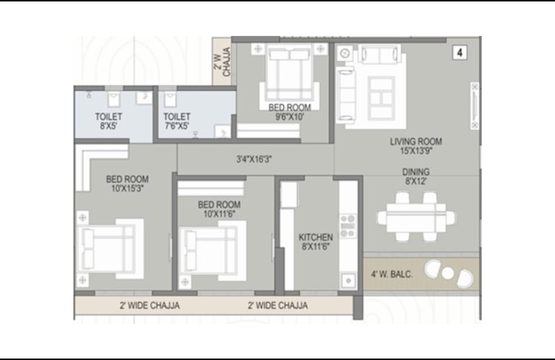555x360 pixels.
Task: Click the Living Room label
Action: point(416,146)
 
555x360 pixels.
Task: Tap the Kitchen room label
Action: point(315,241)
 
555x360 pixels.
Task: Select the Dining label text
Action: point(416,176)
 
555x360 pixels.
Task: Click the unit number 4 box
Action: point(460,53)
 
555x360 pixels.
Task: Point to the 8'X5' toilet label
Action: point(108,121)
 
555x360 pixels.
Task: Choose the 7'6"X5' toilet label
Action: point(176,121)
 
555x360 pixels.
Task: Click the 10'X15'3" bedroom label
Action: point(127,184)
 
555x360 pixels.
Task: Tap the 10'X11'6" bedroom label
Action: point(219,209)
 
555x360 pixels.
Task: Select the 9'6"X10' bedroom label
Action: point(290,112)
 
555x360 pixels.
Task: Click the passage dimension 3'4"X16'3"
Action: point(254,159)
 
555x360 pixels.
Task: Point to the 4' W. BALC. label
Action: point(392,274)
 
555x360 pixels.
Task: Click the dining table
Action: point(416,218)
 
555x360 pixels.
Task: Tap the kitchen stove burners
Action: point(348,226)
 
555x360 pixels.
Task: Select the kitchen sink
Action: point(348,280)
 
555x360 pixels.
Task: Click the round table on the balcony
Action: point(448,273)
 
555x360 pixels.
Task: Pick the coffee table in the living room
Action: point(382,98)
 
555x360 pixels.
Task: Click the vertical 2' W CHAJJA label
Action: point(222,62)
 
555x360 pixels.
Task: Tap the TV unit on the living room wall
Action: point(475,106)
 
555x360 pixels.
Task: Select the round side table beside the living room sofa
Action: point(345,53)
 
